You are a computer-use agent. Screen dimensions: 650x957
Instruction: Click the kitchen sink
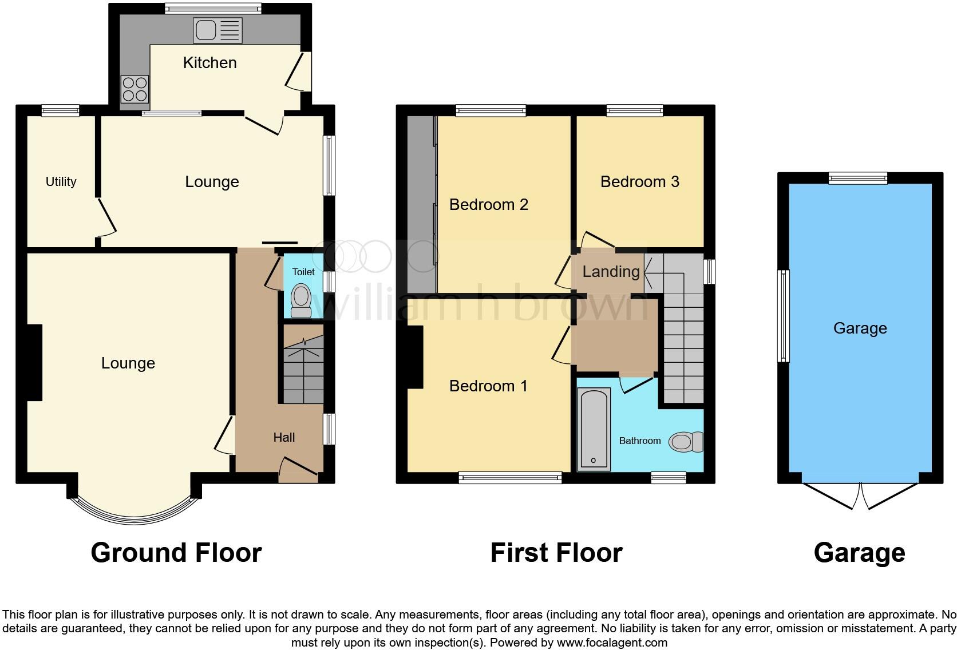click(218, 30)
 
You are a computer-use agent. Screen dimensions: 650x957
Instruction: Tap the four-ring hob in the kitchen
click(135, 89)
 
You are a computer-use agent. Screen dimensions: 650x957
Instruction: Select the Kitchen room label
click(209, 63)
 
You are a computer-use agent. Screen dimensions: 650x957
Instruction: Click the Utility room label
click(61, 182)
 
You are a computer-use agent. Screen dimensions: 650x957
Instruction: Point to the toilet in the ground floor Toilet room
click(300, 300)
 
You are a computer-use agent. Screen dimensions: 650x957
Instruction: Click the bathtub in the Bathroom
click(594, 428)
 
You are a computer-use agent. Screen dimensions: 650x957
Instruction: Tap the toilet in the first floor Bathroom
click(685, 441)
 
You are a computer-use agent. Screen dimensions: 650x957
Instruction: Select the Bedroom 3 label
click(639, 182)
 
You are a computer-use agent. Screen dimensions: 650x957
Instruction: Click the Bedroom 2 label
click(488, 205)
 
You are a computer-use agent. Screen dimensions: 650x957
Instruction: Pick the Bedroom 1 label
click(488, 386)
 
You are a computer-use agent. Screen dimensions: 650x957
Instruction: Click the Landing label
click(611, 272)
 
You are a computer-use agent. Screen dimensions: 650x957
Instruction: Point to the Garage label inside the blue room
click(860, 328)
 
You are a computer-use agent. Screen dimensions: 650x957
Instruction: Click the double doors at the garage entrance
click(860, 496)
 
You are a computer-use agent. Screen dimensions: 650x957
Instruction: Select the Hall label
click(284, 438)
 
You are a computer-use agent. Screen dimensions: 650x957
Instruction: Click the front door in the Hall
click(298, 469)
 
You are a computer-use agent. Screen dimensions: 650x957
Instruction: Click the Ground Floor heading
click(176, 553)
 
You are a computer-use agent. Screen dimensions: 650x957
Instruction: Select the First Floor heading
click(556, 553)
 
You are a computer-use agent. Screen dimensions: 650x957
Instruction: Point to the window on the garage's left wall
click(783, 316)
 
